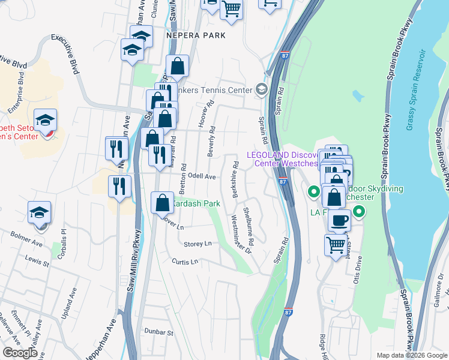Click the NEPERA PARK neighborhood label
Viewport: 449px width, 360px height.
pyautogui.click(x=196, y=35)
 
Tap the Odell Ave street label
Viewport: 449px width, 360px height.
pyautogui.click(x=202, y=176)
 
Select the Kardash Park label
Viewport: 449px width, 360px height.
pyautogui.click(x=196, y=204)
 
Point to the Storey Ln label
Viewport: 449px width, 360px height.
pyautogui.click(x=198, y=244)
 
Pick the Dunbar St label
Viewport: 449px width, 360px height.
pyautogui.click(x=159, y=332)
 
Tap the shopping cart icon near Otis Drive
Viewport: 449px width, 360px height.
pyautogui.click(x=336, y=244)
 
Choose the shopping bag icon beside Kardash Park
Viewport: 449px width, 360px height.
pyautogui.click(x=162, y=203)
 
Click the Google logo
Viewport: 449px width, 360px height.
pyautogui.click(x=20, y=353)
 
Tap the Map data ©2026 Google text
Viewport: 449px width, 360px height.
pyautogui.click(x=412, y=355)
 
